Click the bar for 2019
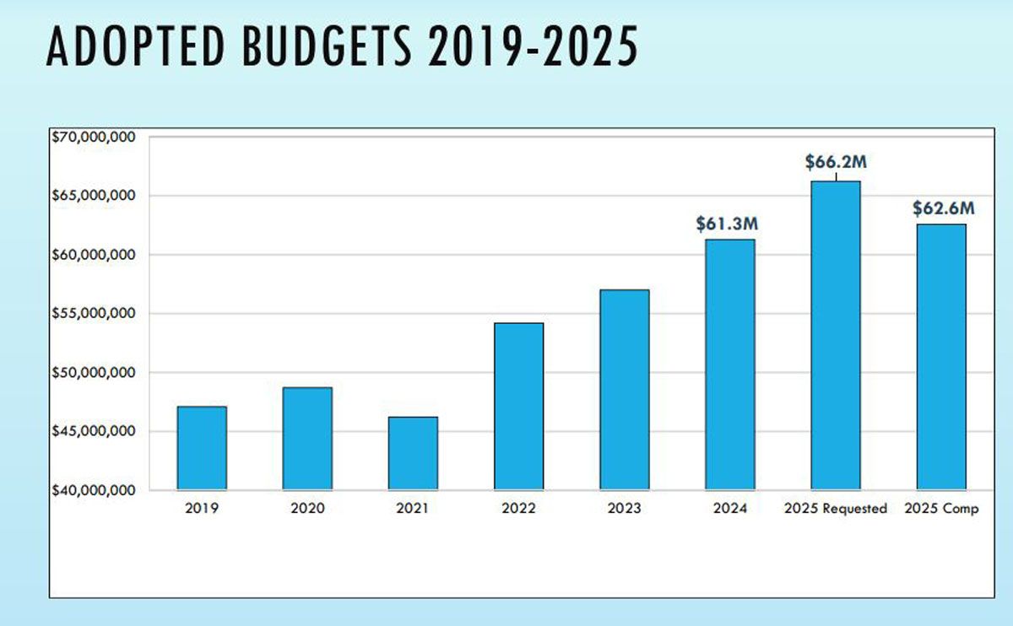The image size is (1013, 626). tap(202, 448)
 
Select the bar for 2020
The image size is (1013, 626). tap(307, 439)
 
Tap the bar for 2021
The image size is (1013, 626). tap(413, 453)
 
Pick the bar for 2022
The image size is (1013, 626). tap(518, 406)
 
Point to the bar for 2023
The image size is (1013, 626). tap(625, 390)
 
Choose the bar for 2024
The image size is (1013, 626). tap(730, 364)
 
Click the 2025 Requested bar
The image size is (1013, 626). tap(836, 335)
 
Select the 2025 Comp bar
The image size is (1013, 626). tap(941, 357)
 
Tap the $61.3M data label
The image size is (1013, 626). tap(727, 224)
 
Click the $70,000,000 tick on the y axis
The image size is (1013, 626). tap(94, 137)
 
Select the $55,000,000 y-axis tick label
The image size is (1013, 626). tap(94, 314)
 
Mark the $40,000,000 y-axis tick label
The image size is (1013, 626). tap(94, 490)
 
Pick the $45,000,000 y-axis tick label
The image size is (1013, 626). tap(94, 431)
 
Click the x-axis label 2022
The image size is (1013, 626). tap(518, 509)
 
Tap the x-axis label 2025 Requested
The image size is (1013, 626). tap(836, 509)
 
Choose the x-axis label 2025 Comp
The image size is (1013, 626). tap(941, 509)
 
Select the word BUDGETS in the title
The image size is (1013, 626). tap(326, 47)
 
